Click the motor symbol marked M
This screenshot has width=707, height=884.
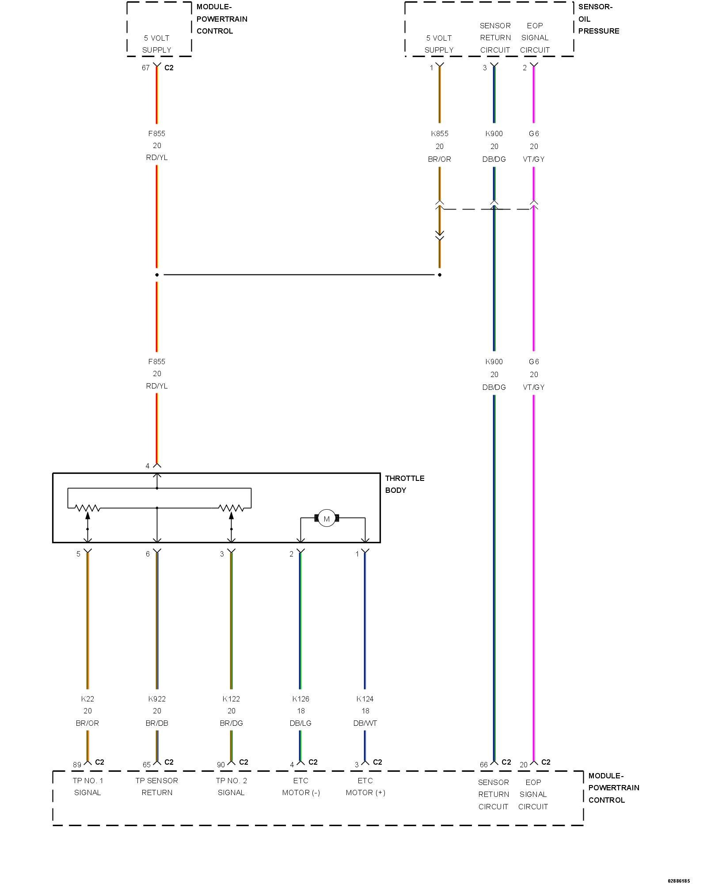click(327, 518)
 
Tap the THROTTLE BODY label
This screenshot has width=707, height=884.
click(404, 484)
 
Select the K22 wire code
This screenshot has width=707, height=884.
click(87, 699)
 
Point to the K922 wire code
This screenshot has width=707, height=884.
click(157, 699)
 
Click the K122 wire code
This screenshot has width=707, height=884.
click(231, 699)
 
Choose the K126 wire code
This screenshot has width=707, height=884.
click(300, 699)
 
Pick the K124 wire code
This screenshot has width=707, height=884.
click(365, 699)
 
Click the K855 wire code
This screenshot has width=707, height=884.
click(439, 133)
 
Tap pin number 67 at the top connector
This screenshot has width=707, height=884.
click(145, 68)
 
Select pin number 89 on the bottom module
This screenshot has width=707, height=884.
click(77, 764)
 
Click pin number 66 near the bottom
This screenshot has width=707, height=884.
click(484, 764)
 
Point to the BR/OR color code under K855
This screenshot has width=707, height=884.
click(439, 159)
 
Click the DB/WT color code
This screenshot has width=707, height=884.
click(365, 723)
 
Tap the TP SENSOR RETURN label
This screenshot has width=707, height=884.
click(157, 786)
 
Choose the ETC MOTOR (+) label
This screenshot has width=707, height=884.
click(365, 786)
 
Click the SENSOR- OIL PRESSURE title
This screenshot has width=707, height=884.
click(598, 19)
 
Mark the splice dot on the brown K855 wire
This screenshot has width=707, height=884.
click(439, 275)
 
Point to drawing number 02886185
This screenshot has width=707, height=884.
click(678, 881)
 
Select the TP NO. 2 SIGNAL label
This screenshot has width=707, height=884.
click(231, 786)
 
